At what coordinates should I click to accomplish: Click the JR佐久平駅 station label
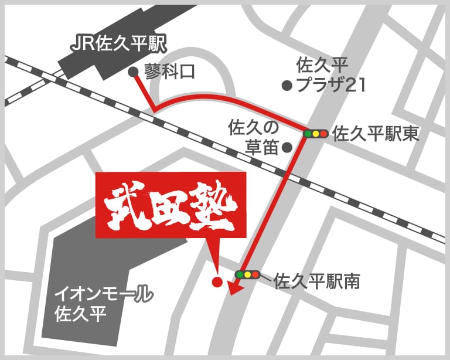point(118,43)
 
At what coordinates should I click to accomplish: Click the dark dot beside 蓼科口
point(134,72)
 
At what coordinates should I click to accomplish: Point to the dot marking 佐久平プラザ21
point(287,86)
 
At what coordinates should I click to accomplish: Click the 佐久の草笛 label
point(253,137)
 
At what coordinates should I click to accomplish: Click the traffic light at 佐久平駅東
point(315,134)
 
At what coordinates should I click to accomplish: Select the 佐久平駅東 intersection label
point(376,134)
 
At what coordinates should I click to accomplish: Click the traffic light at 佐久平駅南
point(247,274)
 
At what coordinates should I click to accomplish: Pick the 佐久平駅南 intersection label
point(316,281)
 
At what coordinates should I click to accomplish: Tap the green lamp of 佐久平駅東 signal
point(307,134)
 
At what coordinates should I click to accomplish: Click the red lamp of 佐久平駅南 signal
point(255,274)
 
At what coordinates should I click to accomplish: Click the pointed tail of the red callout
point(214,261)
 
